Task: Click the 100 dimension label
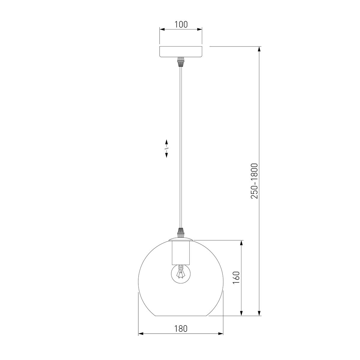(x=181, y=25)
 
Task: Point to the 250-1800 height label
(x=254, y=181)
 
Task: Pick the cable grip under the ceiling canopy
(x=181, y=62)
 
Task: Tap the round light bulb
(x=181, y=274)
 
